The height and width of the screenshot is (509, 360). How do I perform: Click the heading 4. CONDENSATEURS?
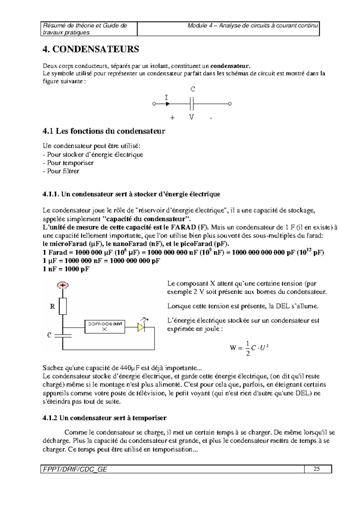point(91,49)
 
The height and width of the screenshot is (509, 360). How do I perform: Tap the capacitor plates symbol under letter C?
point(192,104)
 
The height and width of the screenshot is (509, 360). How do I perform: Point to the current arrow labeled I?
point(167,104)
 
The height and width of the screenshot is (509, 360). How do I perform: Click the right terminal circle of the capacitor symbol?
point(230,104)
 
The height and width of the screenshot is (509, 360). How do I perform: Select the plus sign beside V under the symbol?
point(172,118)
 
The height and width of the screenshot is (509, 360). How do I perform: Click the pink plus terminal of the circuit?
point(63,285)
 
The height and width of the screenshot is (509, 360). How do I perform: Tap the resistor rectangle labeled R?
point(63,306)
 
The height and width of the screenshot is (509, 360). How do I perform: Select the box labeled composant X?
point(105,326)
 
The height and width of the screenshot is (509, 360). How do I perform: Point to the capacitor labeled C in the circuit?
point(63,335)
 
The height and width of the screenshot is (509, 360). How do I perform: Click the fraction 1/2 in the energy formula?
point(247,348)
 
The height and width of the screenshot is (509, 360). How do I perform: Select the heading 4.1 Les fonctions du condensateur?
point(104,131)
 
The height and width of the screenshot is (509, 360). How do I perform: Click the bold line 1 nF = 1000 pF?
point(66,269)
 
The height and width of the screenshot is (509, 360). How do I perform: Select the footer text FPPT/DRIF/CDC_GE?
point(74,469)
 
